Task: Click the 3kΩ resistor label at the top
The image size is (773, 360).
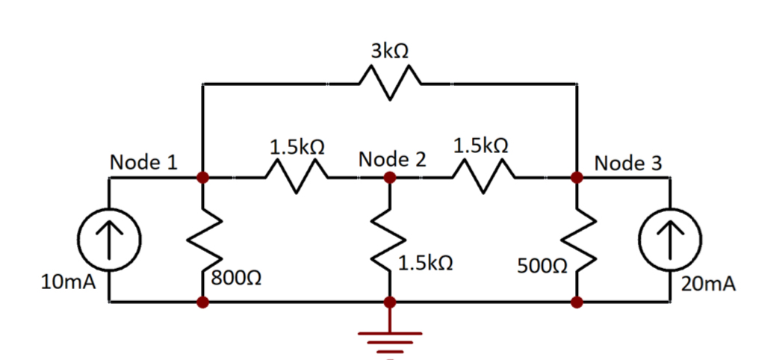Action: tap(389, 51)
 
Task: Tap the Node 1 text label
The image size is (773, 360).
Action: tap(143, 162)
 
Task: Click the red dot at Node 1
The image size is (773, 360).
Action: tap(202, 178)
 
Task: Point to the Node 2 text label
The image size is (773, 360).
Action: tap(392, 159)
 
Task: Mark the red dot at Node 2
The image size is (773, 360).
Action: tap(389, 178)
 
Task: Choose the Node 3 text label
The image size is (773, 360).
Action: tap(627, 163)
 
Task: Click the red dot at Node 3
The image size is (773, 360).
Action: tap(577, 178)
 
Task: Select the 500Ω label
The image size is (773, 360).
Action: tap(542, 267)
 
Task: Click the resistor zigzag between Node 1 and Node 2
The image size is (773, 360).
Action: tap(296, 179)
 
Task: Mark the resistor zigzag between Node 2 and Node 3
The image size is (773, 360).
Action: tap(482, 179)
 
